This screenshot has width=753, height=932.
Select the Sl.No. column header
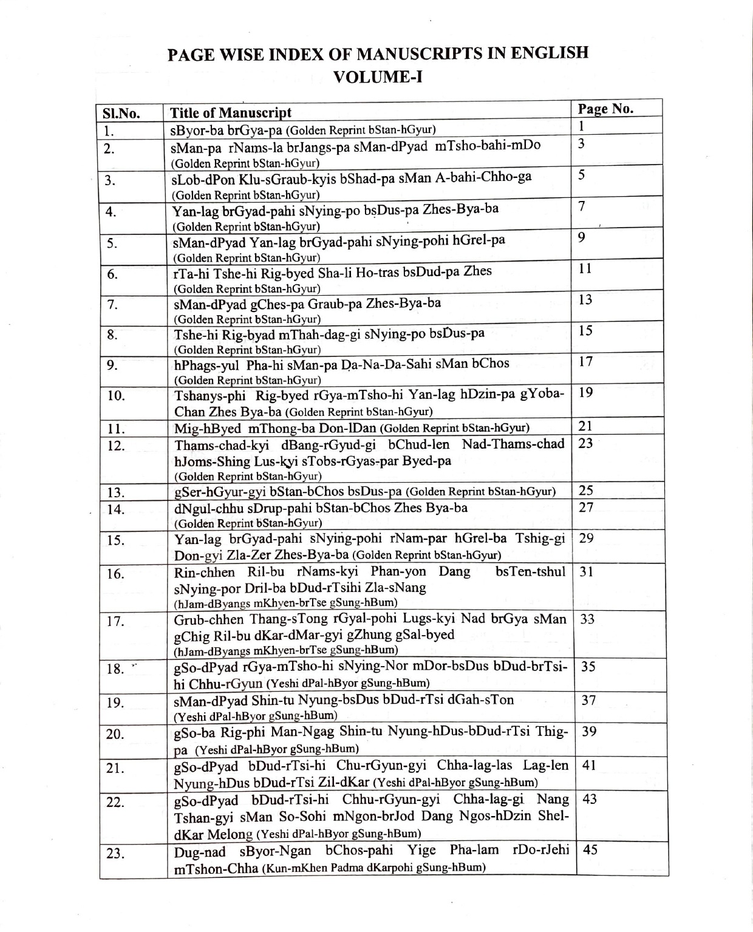pyautogui.click(x=121, y=114)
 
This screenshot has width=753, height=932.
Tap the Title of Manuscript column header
pyautogui.click(x=231, y=113)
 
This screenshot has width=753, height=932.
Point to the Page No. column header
pyautogui.click(x=605, y=109)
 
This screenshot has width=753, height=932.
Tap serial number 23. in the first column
pyautogui.click(x=115, y=854)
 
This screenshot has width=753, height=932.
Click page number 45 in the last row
pyautogui.click(x=590, y=849)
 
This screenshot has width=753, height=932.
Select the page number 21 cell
pyautogui.click(x=585, y=426)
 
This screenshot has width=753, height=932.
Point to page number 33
pyautogui.click(x=587, y=619)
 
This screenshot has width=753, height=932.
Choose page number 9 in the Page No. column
pyautogui.click(x=582, y=237)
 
